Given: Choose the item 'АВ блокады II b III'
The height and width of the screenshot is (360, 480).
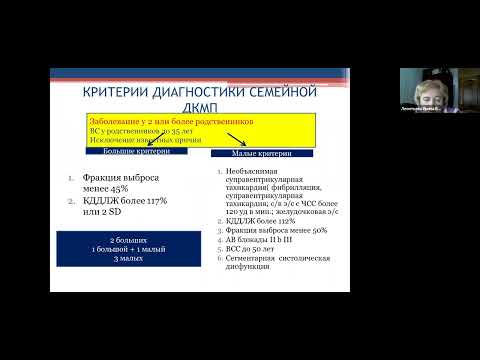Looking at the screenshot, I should click(263, 240).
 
